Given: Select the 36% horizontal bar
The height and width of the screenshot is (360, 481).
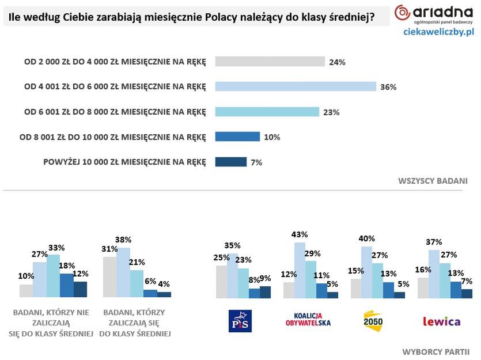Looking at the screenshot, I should click(296, 86).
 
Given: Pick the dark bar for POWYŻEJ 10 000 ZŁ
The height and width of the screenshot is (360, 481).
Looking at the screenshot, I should click(230, 162).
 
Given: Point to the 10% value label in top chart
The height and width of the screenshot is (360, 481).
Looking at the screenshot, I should click(272, 137).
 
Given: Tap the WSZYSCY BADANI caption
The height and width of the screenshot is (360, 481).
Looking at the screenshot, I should click(432, 181).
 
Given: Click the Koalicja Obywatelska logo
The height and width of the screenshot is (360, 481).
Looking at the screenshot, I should click(308, 319).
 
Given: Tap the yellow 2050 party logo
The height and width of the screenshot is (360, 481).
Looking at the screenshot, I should click(373, 320).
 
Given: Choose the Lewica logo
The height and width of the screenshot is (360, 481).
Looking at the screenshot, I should click(441, 321).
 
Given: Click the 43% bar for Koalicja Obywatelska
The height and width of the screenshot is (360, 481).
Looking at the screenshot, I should click(300, 270).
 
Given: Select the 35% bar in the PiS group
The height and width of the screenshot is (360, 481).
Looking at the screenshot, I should click(232, 276).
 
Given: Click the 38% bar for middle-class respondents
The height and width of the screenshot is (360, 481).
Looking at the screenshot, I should click(123, 272).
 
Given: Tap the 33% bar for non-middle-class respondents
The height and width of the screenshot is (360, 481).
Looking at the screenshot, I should click(53, 275).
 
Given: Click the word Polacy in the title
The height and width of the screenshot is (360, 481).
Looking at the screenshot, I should click(223, 17).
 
